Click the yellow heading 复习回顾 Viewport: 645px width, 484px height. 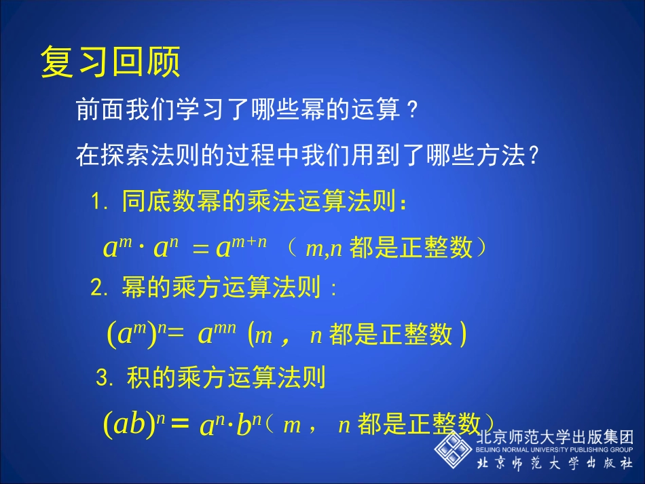coord(111,62)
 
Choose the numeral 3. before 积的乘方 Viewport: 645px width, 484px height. coord(105,377)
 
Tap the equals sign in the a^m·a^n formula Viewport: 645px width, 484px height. coord(200,249)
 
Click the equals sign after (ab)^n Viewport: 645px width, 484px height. coord(179,424)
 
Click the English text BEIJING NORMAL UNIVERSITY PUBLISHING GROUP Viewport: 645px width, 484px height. coord(555,450)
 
